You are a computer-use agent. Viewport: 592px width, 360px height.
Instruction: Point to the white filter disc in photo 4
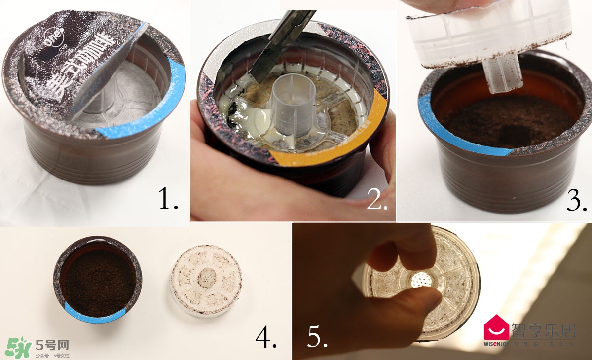click(x=206, y=280)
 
